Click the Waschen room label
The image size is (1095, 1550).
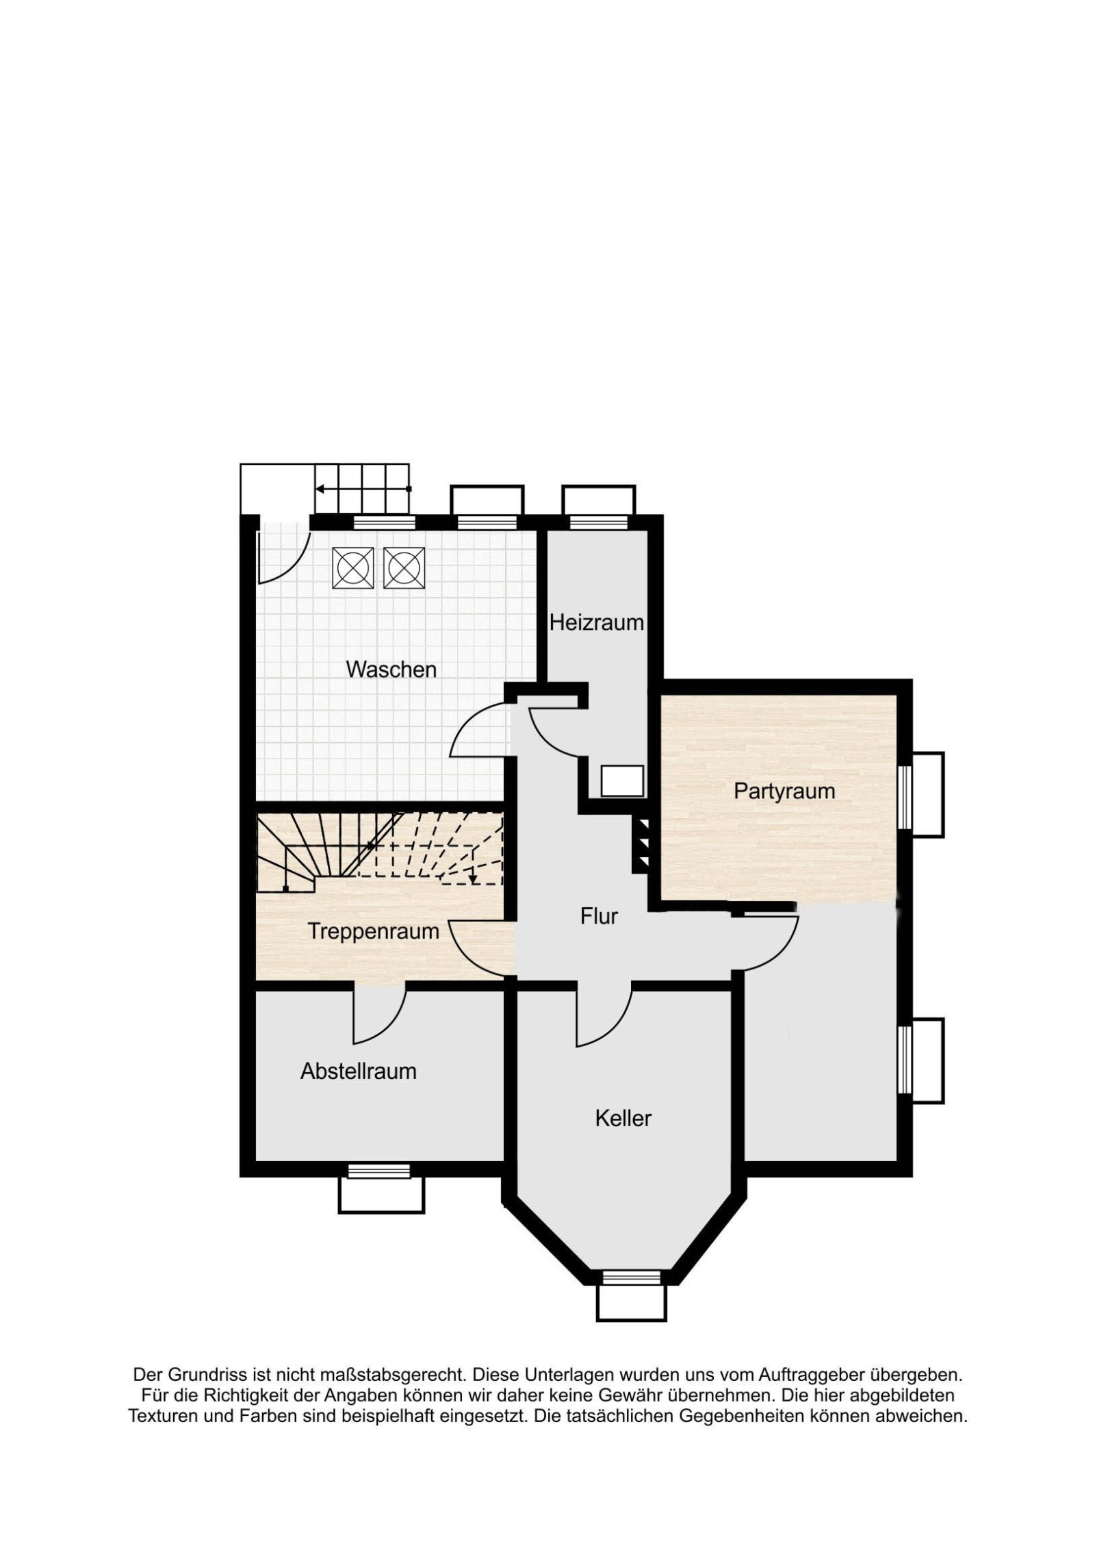click(391, 669)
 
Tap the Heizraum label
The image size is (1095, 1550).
click(596, 622)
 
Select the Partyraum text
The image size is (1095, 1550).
click(784, 791)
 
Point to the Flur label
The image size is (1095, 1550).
click(599, 916)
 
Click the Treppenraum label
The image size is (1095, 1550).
click(373, 931)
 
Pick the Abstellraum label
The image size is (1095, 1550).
click(359, 1071)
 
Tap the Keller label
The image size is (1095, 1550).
click(623, 1118)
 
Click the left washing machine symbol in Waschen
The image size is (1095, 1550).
click(353, 568)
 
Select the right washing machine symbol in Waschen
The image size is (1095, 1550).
click(404, 568)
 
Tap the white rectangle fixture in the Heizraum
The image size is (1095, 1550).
click(622, 781)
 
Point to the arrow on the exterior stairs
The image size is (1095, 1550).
click(363, 489)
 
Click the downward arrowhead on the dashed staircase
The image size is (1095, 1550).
click(473, 878)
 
